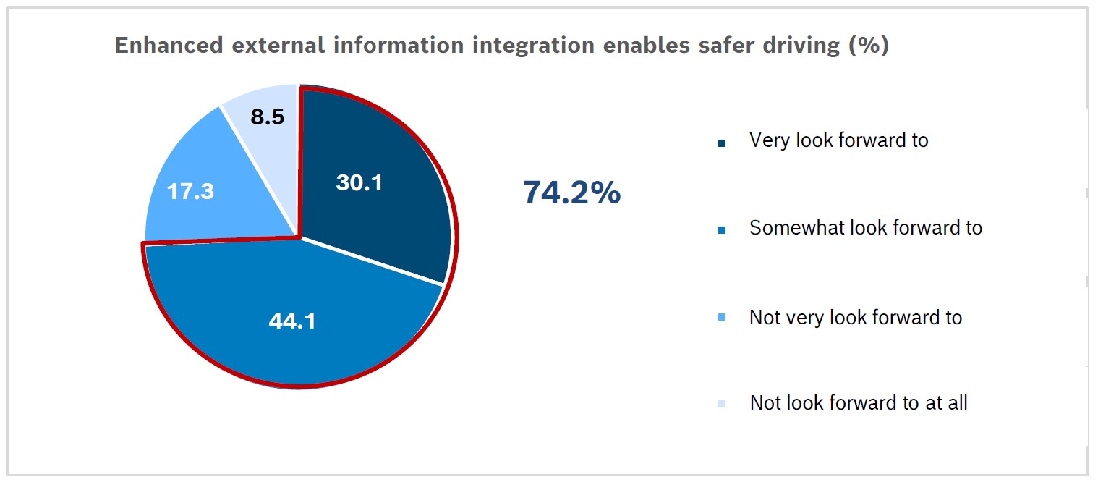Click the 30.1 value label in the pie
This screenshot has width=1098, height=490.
click(359, 183)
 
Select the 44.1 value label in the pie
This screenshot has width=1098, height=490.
click(291, 321)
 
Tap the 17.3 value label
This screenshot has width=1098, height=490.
click(190, 192)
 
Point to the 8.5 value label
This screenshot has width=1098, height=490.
click(267, 117)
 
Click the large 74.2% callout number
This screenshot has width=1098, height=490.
click(571, 193)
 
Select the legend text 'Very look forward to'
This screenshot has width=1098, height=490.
click(838, 140)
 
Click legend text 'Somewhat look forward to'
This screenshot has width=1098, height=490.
click(865, 228)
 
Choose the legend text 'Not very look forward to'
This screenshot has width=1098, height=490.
click(855, 318)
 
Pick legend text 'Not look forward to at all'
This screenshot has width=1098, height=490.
click(858, 403)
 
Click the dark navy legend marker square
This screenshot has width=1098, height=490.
click(721, 143)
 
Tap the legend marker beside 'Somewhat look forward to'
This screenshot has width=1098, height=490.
click(721, 231)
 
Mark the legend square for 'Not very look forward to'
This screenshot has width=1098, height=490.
click(721, 320)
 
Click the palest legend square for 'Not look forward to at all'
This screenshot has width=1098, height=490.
click(721, 405)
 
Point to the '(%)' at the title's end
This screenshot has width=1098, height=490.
click(867, 46)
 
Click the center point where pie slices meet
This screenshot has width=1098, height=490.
click(298, 236)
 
